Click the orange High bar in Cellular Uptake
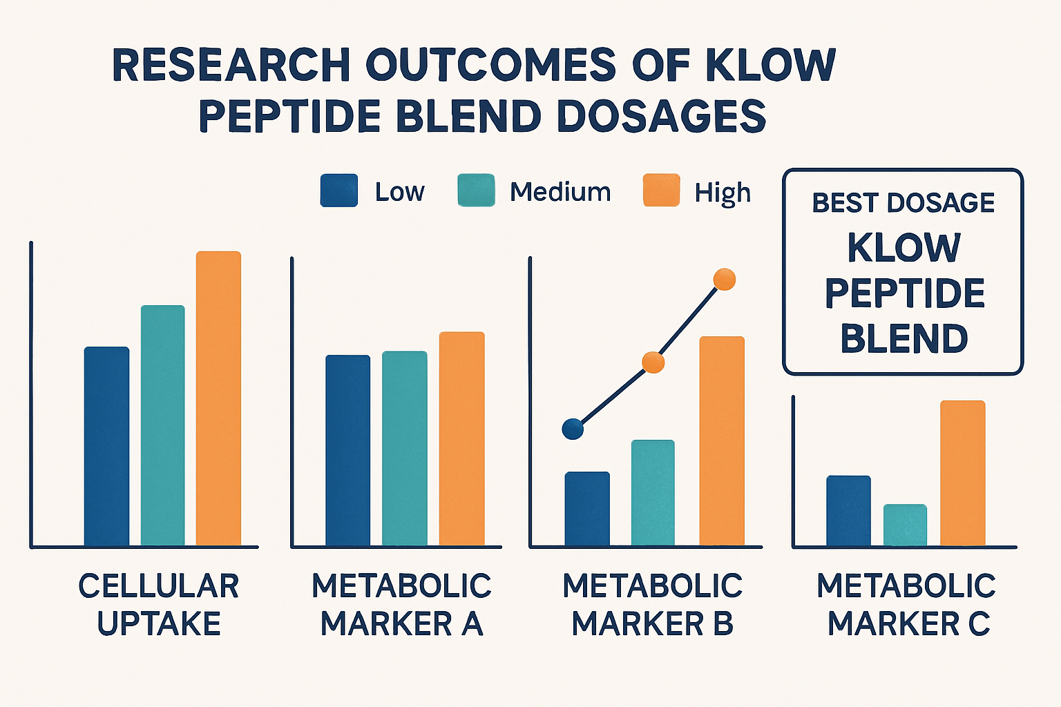[x=218, y=398]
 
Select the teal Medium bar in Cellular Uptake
[x=162, y=425]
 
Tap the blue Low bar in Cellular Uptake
[x=106, y=446]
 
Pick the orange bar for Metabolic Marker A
[x=461, y=439]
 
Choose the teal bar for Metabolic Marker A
[x=404, y=449]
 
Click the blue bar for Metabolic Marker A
[x=347, y=450]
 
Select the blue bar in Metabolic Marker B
[x=587, y=509]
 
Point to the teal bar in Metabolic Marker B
[x=653, y=493]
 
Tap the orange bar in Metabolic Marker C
[x=962, y=473]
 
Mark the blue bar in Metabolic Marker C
[x=848, y=511]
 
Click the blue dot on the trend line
[x=573, y=429]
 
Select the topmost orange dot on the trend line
[x=724, y=280]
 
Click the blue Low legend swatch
[x=339, y=191]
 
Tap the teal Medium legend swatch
[x=476, y=191]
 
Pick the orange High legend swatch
[x=661, y=191]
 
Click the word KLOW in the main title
[x=770, y=66]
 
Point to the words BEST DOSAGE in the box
[x=903, y=203]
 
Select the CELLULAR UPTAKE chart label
[x=158, y=605]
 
